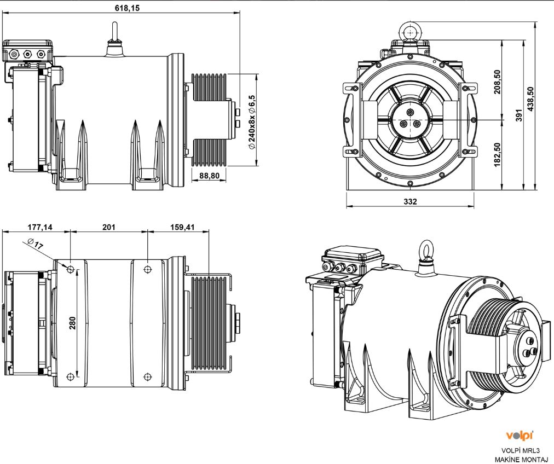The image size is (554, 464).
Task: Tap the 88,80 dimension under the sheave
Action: [210, 175]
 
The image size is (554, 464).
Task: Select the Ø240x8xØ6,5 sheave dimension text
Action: [251, 121]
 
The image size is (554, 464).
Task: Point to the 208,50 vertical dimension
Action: [497, 81]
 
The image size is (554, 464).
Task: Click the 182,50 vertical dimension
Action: [497, 155]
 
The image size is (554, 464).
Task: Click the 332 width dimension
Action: [410, 201]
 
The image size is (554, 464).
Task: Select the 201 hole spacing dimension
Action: [108, 227]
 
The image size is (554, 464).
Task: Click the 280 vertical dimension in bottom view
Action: [72, 323]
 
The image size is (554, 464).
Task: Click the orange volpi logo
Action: [520, 436]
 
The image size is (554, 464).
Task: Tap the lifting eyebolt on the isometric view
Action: [425, 253]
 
